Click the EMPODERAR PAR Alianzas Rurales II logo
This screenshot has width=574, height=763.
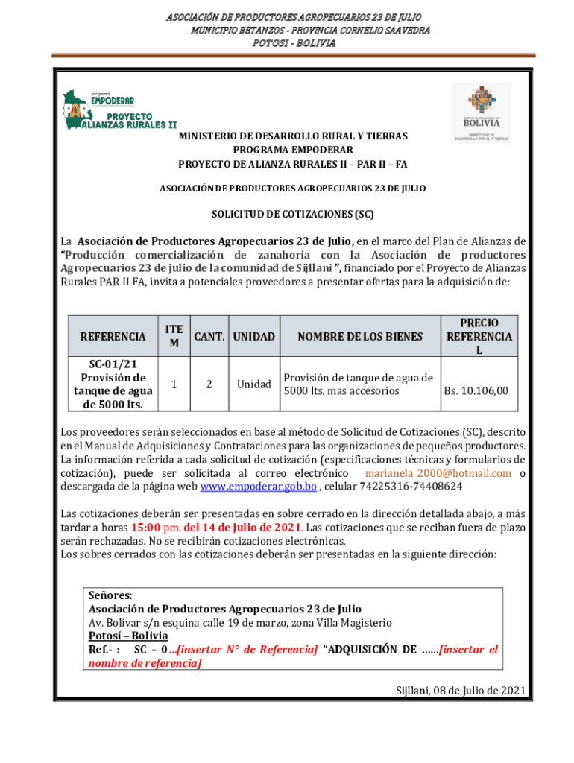119,110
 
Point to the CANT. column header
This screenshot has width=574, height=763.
210,337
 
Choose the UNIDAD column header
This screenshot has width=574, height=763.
253,337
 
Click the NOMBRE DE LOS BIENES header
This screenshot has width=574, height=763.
359,337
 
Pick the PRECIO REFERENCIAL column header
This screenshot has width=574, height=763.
479,337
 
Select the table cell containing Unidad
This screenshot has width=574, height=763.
253,384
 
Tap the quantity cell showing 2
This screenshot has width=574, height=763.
209,384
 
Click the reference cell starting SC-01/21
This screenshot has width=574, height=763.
113,384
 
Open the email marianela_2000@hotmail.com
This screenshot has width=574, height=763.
438,473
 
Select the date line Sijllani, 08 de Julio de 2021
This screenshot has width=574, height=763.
461,690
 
